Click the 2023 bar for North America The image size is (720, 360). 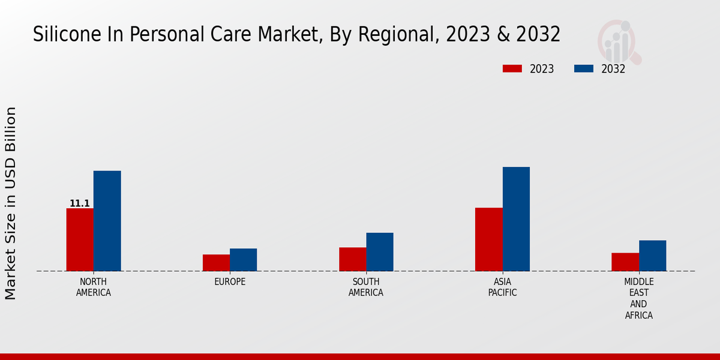pos(80,239)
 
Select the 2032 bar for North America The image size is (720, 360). pos(107,221)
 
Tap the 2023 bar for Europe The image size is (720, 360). pos(216,263)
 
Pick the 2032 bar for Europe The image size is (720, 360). pos(243,260)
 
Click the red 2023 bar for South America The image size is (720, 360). pos(352,259)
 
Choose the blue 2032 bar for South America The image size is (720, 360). pos(380,252)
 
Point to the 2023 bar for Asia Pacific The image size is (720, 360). pos(488,239)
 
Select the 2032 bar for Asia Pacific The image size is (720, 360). pos(516,219)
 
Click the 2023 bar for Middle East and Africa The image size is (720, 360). pos(625,262)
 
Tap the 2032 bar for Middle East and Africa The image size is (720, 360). pos(652,256)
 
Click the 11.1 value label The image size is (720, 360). pos(80,204)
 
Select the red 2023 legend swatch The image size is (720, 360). pos(512,68)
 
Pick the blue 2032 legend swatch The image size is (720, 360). pos(584,68)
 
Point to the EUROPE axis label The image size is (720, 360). pos(230,282)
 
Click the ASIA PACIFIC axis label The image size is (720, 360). pos(502,287)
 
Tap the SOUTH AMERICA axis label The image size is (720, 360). pos(366,287)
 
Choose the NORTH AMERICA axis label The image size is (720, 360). pos(94,287)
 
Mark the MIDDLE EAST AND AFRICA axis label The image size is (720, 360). pos(639,298)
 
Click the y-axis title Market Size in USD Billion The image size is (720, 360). pos(11,203)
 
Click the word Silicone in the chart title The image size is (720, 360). pos(58,35)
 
